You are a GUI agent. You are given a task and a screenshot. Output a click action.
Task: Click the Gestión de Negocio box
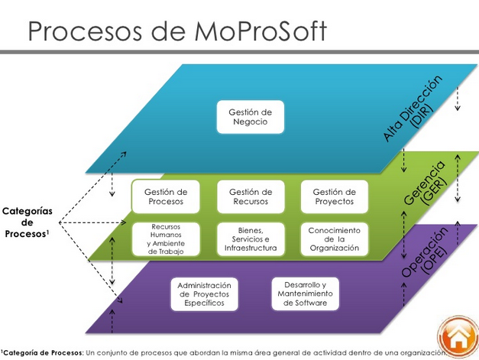[x=251, y=117]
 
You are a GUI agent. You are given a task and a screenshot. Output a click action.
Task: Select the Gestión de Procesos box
[x=164, y=196]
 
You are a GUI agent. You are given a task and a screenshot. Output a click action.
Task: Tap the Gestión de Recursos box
[x=251, y=196]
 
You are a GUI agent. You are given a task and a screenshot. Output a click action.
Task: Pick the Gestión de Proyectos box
[x=335, y=196]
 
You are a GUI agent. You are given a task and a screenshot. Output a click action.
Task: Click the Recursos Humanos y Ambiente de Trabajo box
[x=166, y=238]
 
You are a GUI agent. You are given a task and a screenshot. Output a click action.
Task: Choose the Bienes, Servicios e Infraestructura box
[x=251, y=238]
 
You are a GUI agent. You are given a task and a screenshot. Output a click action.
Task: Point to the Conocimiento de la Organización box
[x=335, y=238]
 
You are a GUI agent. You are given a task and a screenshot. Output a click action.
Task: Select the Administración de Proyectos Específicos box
[x=204, y=294]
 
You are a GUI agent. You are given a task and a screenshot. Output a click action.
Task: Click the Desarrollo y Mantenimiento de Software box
[x=305, y=292]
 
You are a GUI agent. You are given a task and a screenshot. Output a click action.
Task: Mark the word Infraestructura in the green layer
[x=251, y=248]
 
